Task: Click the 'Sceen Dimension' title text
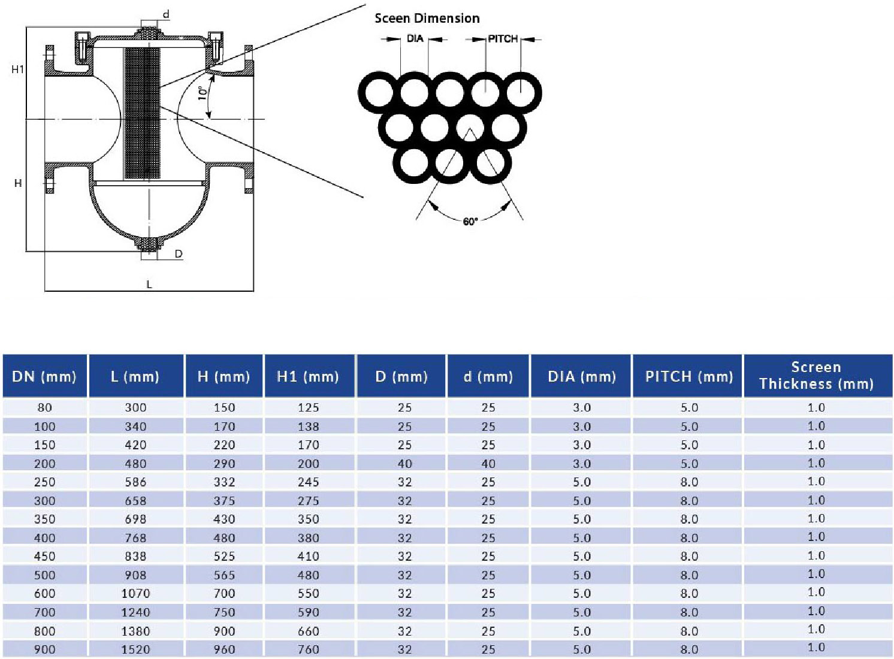tap(427, 19)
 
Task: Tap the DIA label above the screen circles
tap(415, 39)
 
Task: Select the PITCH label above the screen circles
tap(502, 39)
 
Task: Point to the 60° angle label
tap(470, 222)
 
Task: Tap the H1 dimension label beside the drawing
tap(18, 69)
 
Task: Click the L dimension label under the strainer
tap(149, 284)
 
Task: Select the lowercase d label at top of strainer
tap(166, 14)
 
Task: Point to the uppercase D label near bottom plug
tap(178, 254)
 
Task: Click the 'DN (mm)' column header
tap(44, 377)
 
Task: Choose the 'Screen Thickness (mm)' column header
tap(816, 376)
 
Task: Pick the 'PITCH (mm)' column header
tap(689, 377)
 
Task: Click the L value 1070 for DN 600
tap(135, 594)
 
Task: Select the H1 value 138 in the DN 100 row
tap(309, 427)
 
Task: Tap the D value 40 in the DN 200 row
tap(404, 464)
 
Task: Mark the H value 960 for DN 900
tap(224, 649)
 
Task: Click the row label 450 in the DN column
tap(44, 557)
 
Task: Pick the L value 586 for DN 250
tap(135, 482)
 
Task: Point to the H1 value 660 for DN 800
tap(309, 631)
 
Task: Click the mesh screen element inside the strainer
tap(142, 114)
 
